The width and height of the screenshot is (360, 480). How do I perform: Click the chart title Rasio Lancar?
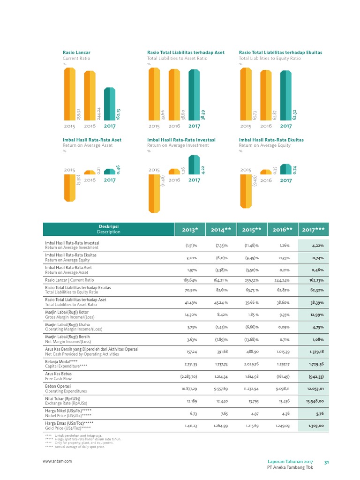click(x=77, y=52)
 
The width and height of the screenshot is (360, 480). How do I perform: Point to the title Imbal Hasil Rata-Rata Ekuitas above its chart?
click(x=271, y=140)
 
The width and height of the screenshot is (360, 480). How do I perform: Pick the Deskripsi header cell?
click(x=108, y=229)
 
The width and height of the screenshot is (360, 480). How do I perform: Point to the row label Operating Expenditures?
click(x=66, y=391)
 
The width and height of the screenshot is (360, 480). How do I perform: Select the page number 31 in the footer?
click(x=327, y=462)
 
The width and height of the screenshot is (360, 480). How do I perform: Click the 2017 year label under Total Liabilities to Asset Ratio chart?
click(x=194, y=126)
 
